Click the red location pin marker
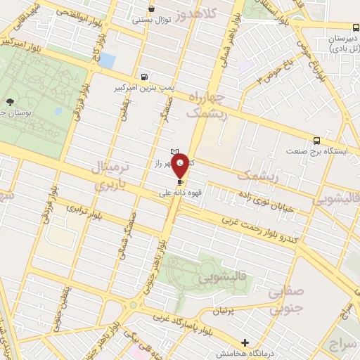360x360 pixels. pyautogui.click(x=181, y=167)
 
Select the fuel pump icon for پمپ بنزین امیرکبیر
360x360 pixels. pyautogui.click(x=144, y=77)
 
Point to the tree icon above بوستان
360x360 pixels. pyautogui.click(x=9, y=103)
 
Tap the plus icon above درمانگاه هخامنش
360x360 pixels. pyautogui.click(x=245, y=342)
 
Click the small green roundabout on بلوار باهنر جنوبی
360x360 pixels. pyautogui.click(x=133, y=305)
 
